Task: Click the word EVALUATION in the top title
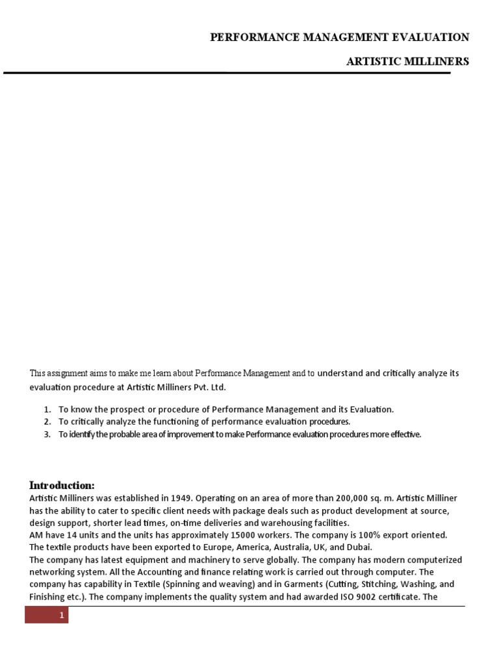tap(429, 38)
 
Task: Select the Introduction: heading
tap(62, 486)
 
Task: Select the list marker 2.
tap(47, 421)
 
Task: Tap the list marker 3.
tap(47, 434)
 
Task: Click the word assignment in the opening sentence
tap(68, 373)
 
